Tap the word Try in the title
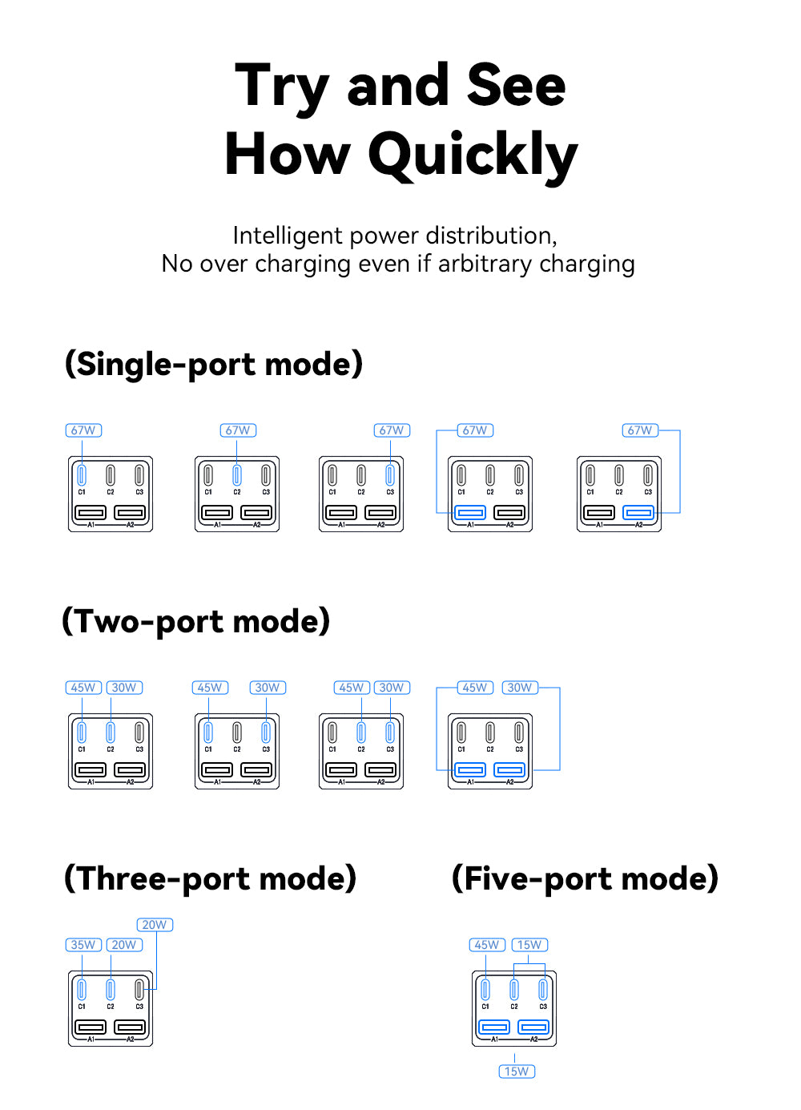pos(282,87)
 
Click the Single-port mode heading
pos(214,365)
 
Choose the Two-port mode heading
pos(196,622)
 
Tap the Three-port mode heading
pos(210,879)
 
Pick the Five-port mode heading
pos(585,879)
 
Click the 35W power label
pos(83,945)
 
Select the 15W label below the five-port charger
pos(517,1072)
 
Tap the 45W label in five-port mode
pos(487,945)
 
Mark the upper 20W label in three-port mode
pos(155,925)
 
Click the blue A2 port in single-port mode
pos(638,512)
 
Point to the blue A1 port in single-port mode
pos(470,512)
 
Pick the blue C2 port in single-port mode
pos(237,475)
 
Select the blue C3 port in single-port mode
pos(390,475)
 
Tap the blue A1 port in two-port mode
pos(470,769)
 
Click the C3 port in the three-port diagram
pos(139,990)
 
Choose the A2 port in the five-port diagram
pos(533,1027)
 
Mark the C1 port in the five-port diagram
pos(485,990)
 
